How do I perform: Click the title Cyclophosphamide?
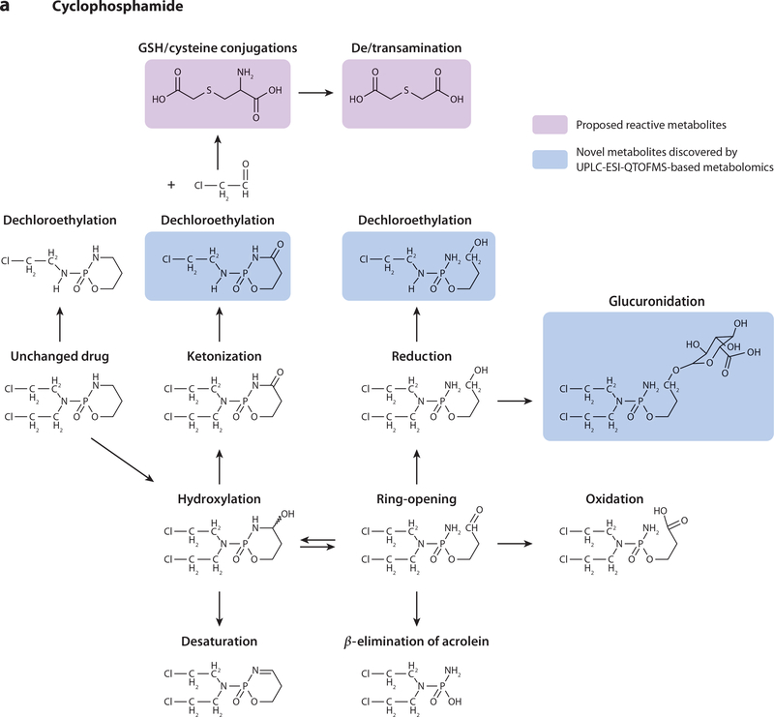coord(117,7)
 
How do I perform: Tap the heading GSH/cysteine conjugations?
coord(218,48)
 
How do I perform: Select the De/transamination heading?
coord(406,48)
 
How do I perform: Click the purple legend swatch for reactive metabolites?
coord(550,125)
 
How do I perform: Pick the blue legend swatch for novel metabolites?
coord(550,160)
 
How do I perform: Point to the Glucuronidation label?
coord(657,301)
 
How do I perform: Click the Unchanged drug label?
coord(60,356)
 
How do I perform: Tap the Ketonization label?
coord(224,356)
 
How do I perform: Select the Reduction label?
coord(422,356)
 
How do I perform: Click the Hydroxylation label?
coord(220,498)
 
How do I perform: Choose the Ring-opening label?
coord(417,498)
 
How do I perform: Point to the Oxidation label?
coord(614,498)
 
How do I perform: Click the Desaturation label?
coord(220,641)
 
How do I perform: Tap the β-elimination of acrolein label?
coord(417,641)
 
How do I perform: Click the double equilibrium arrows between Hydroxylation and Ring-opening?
coord(318,543)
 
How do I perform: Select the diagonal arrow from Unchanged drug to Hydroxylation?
coord(123,459)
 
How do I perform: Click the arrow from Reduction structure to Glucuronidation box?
coord(515,401)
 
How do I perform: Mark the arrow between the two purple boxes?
coord(316,92)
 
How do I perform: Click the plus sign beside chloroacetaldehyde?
coord(171,185)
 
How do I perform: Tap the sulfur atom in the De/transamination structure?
coord(406,90)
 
